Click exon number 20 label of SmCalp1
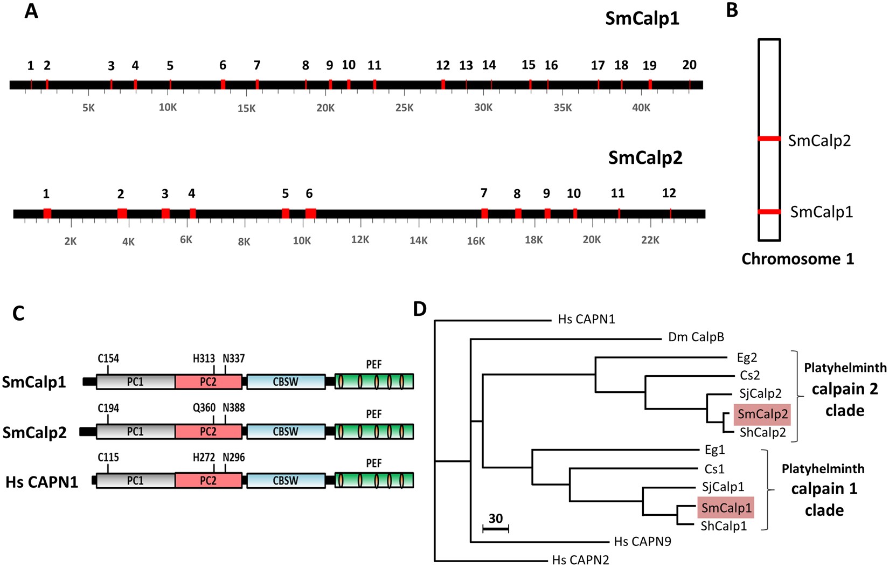[x=689, y=65]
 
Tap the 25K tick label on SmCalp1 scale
[x=404, y=108]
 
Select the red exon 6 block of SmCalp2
[x=310, y=213]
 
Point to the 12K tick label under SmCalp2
[x=360, y=240]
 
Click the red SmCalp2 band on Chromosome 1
[x=769, y=139]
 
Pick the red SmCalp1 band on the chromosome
[x=769, y=212]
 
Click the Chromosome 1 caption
[x=797, y=259]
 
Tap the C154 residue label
[x=108, y=358]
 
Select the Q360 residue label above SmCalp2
[x=204, y=408]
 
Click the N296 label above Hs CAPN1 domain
[x=233, y=458]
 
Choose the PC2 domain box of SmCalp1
[x=208, y=382]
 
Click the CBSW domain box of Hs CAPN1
[x=286, y=481]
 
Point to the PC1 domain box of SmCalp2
[x=135, y=432]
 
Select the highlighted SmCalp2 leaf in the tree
[x=762, y=414]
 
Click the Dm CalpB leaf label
[x=696, y=337]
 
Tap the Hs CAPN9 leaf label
[x=642, y=542]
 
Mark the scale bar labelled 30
[x=496, y=529]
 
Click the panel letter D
[x=420, y=309]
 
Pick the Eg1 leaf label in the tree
[x=714, y=450]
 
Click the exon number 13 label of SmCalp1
[x=466, y=66]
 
